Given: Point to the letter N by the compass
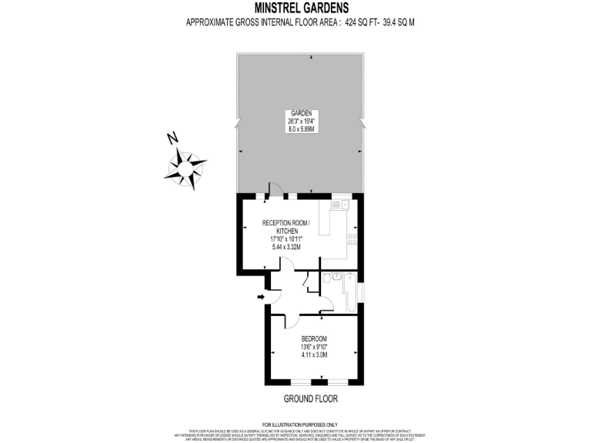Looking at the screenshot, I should [x=173, y=138].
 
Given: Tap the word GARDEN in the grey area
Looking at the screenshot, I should [x=300, y=112].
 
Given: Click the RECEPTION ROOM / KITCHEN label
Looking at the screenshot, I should [x=285, y=226].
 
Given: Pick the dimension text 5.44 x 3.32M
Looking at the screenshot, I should [x=285, y=247].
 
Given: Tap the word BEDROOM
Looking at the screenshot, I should [x=314, y=339].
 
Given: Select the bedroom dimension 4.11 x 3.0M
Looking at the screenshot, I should [x=314, y=355].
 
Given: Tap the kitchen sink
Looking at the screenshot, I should [x=339, y=206].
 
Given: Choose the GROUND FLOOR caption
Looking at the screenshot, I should [x=311, y=399].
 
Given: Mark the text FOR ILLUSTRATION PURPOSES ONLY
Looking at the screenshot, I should [x=300, y=425].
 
